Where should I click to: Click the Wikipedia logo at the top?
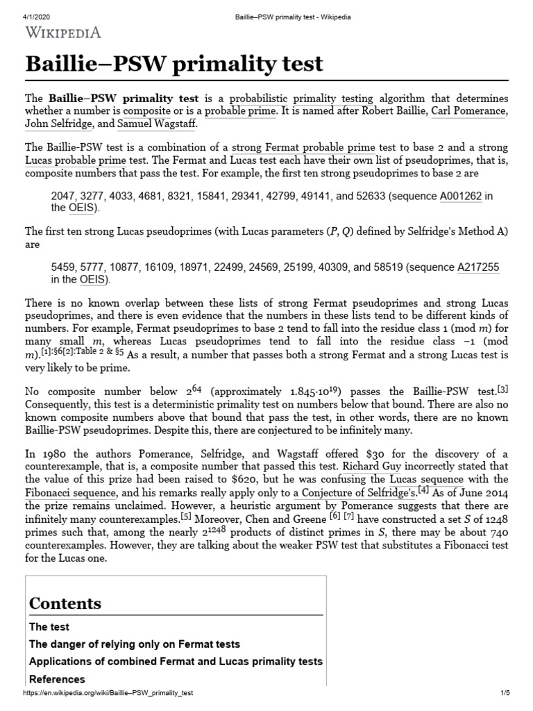[64, 32]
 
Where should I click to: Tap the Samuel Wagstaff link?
[157, 124]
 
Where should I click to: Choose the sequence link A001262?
[461, 196]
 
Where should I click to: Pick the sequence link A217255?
[478, 267]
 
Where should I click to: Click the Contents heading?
[65, 603]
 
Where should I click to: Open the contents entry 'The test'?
[49, 627]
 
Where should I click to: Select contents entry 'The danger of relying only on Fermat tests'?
[135, 644]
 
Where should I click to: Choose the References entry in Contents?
[57, 679]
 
